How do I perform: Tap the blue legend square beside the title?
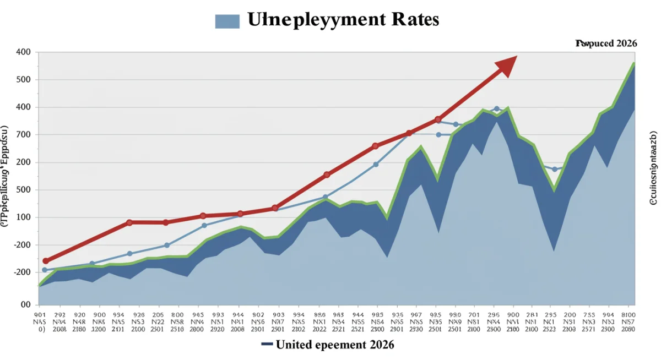(227, 21)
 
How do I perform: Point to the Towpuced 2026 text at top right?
(606, 43)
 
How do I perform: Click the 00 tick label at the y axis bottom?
(25, 304)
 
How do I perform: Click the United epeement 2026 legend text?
(335, 345)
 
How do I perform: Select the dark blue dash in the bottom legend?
(267, 345)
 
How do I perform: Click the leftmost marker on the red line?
(46, 261)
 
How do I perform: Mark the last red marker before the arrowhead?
(438, 119)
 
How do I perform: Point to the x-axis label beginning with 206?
(158, 319)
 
